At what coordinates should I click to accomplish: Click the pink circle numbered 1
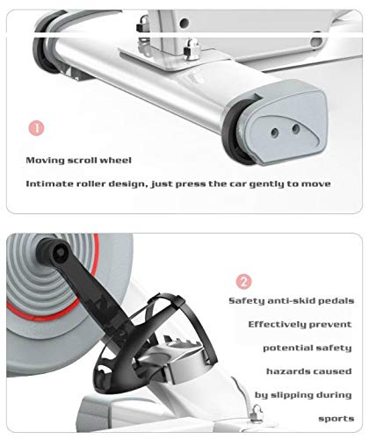(x=36, y=128)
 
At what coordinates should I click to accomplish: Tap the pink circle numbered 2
(x=243, y=282)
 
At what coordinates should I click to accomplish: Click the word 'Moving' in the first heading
(x=45, y=161)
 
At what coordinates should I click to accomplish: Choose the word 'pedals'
(x=336, y=301)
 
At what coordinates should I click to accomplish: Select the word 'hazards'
(x=286, y=371)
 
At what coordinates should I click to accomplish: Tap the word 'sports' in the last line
(x=336, y=419)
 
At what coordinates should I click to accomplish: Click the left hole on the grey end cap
(x=275, y=133)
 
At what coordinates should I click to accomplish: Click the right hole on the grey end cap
(x=296, y=128)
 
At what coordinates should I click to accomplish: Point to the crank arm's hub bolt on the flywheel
(x=61, y=252)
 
